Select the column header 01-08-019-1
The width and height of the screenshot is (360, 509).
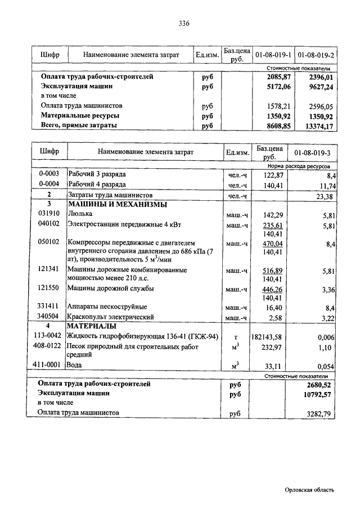(273, 55)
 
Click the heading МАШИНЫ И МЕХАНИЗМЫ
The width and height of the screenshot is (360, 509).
(117, 204)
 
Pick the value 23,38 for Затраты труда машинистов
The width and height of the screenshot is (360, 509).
(326, 196)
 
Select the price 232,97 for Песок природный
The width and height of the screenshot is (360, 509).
(269, 348)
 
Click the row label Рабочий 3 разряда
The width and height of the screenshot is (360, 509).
(97, 174)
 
